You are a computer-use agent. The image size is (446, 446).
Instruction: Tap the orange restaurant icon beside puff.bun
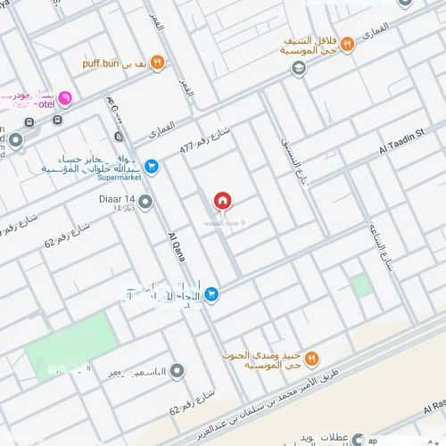[x=157, y=62]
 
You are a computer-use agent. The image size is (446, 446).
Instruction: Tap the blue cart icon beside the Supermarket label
[x=152, y=165]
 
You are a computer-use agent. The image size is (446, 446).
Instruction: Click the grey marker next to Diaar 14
[x=145, y=202]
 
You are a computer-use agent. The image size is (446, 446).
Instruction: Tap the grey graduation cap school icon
[x=299, y=68]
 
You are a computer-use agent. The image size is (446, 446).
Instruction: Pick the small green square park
[x=360, y=285]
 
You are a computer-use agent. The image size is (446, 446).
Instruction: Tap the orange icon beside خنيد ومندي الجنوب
[x=313, y=358]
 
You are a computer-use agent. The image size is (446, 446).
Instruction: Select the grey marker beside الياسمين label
[x=178, y=370]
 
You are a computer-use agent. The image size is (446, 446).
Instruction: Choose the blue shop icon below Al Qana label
[x=211, y=293]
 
